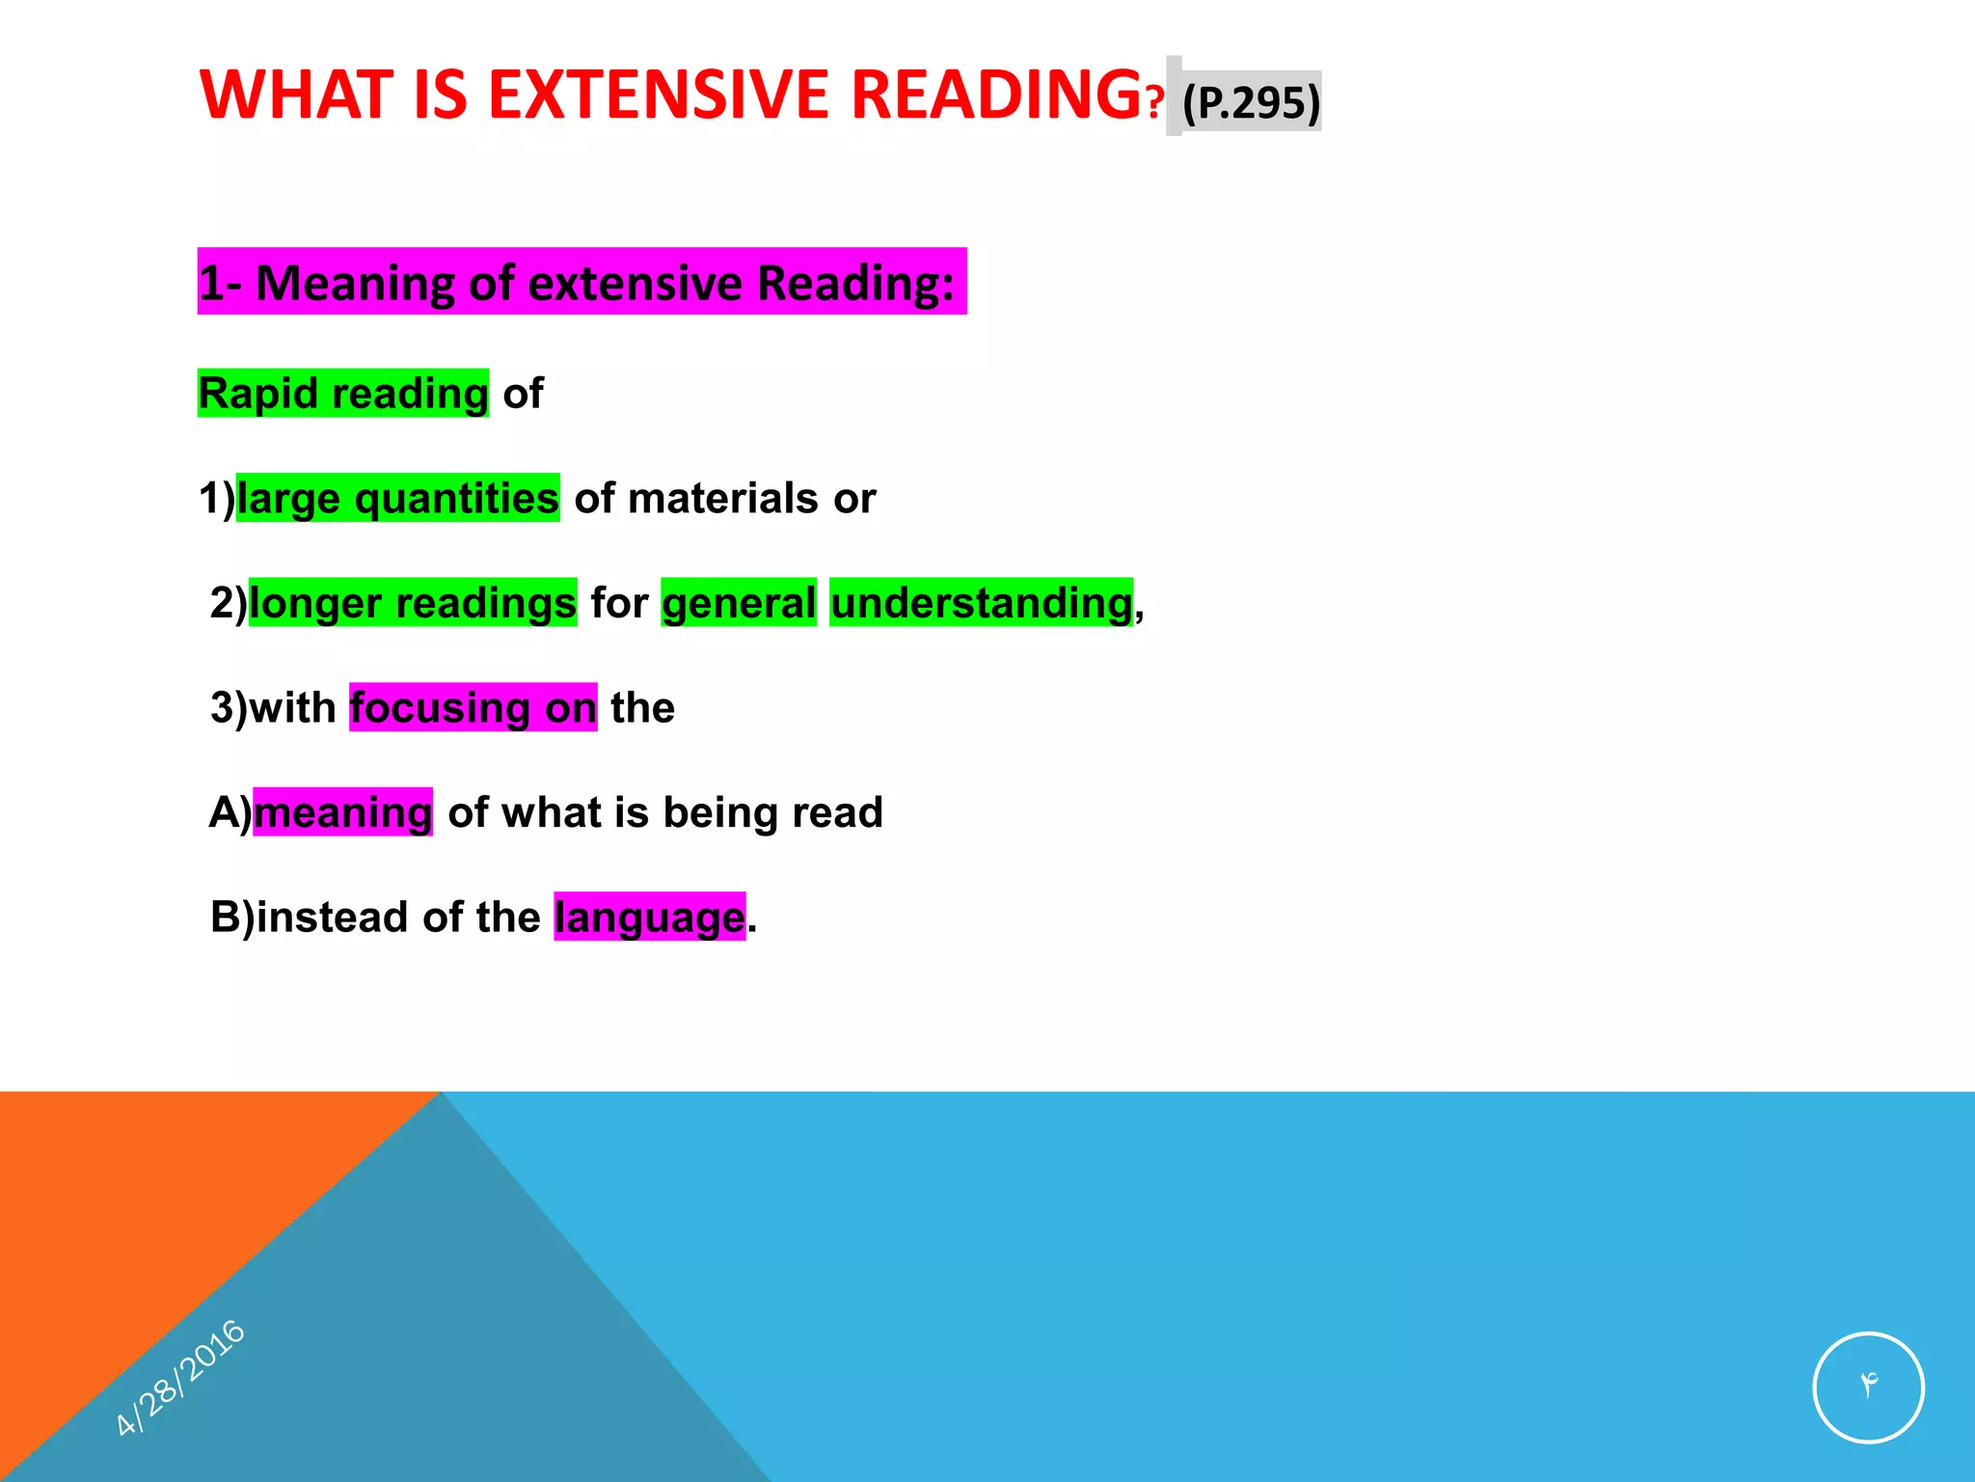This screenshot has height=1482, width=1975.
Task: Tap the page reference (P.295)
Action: (1251, 102)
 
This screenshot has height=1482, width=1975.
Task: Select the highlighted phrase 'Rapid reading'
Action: (343, 394)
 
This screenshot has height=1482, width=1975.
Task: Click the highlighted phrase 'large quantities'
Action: (397, 499)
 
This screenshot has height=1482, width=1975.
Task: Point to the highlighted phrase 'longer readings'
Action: (413, 603)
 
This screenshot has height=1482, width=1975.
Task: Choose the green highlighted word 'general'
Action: (739, 603)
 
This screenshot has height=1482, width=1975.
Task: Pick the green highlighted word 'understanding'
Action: (981, 603)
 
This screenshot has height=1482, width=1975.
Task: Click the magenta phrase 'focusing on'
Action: (473, 708)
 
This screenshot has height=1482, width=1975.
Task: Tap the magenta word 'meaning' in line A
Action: (342, 812)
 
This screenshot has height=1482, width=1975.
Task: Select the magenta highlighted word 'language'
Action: (649, 917)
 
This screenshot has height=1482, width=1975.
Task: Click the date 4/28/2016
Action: (180, 1377)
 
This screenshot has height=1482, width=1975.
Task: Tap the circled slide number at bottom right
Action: (1868, 1386)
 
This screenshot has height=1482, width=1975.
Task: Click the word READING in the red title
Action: (996, 96)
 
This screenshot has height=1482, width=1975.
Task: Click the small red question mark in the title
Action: (1154, 102)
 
